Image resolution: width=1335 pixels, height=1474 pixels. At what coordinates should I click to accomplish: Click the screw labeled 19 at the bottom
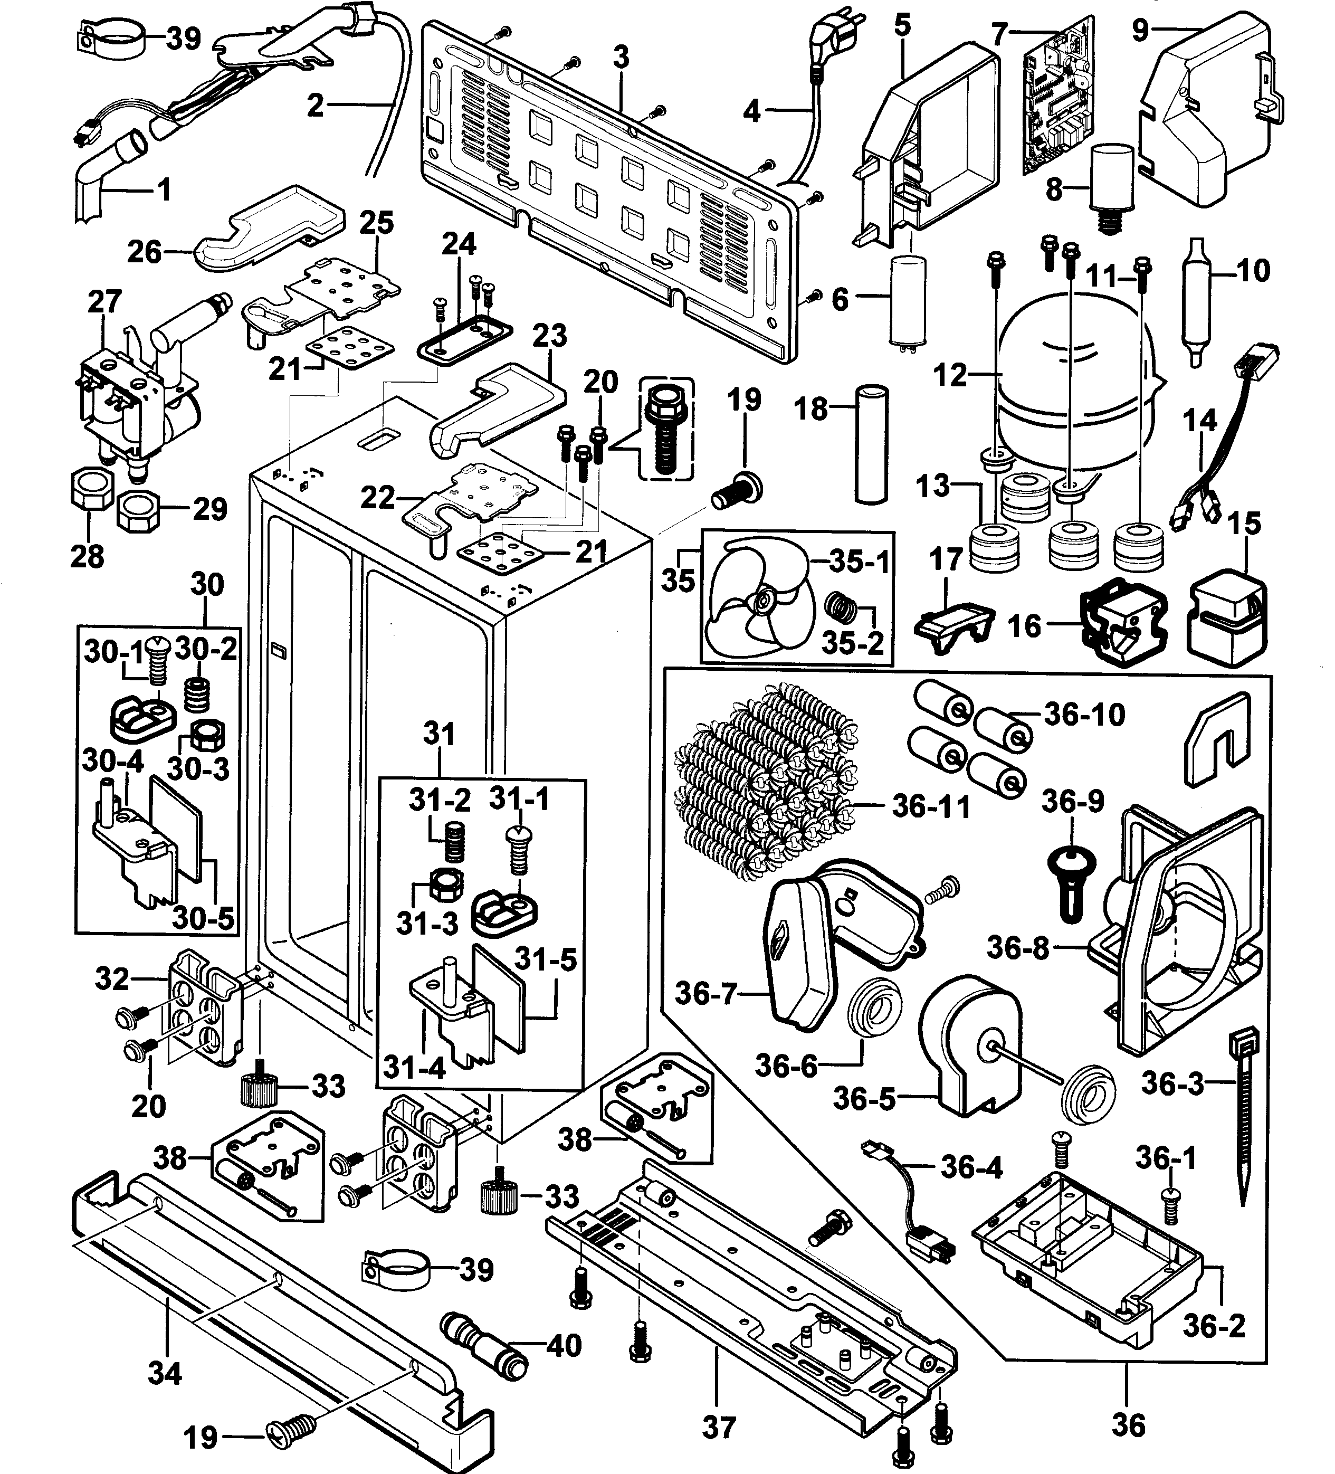click(x=290, y=1437)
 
